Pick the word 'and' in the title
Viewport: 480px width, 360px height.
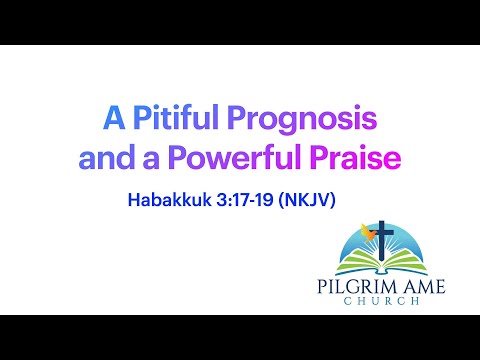pos(107,158)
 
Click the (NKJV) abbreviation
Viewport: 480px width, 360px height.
pos(313,200)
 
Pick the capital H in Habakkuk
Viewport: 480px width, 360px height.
pos(133,200)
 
